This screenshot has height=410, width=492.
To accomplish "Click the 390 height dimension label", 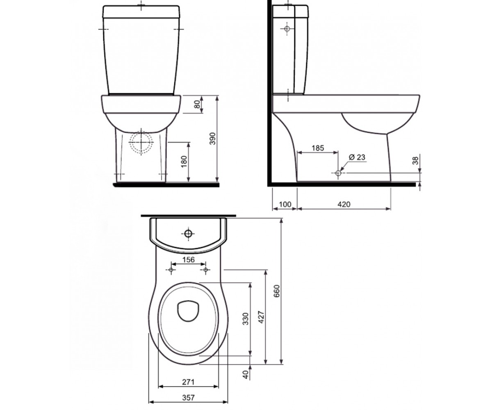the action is [x=213, y=139].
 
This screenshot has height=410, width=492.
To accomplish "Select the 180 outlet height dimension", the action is [x=184, y=162].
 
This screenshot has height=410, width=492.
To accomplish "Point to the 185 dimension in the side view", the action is [x=318, y=148].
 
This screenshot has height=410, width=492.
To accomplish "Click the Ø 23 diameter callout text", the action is [x=357, y=157].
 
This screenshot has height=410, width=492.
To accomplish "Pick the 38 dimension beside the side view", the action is [x=415, y=161].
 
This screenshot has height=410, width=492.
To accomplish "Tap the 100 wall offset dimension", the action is [x=285, y=204].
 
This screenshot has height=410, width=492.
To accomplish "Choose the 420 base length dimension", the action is [x=344, y=204].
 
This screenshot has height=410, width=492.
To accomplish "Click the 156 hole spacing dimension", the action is [x=189, y=260].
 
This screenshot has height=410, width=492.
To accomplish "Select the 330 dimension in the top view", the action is [x=246, y=319].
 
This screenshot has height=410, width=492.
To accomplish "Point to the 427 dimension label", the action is [x=262, y=317].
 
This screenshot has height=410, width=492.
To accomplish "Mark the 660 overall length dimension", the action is [x=277, y=291].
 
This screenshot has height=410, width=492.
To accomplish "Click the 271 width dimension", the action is [x=188, y=388].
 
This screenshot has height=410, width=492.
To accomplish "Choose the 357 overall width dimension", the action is [x=188, y=398].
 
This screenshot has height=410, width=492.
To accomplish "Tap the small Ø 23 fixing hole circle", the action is [x=338, y=173].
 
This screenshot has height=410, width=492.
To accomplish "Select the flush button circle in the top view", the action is [x=188, y=234].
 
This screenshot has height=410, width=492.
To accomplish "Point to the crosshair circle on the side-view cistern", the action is [x=287, y=29].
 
